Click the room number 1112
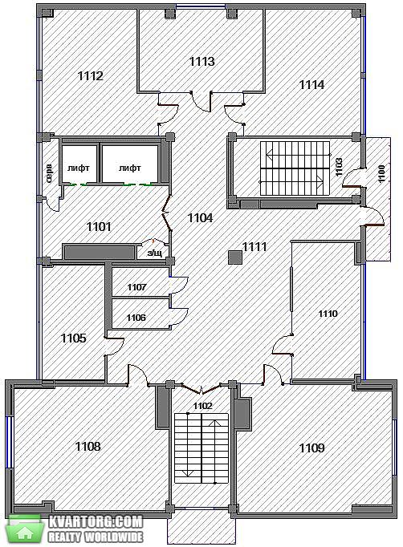[91, 75]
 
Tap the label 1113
[201, 62]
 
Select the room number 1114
[311, 84]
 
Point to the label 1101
[99, 227]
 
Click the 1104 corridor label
[200, 218]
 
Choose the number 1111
[254, 247]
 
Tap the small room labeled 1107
[137, 287]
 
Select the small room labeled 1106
[136, 318]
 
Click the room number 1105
[74, 338]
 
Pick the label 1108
[88, 446]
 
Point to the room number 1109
[311, 448]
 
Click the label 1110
[328, 314]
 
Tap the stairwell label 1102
[202, 406]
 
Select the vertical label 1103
[339, 168]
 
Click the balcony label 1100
[381, 173]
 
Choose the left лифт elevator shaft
[79, 164]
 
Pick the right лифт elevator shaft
[130, 164]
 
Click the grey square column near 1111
[235, 257]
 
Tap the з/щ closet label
[154, 253]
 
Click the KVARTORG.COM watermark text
[96, 522]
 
